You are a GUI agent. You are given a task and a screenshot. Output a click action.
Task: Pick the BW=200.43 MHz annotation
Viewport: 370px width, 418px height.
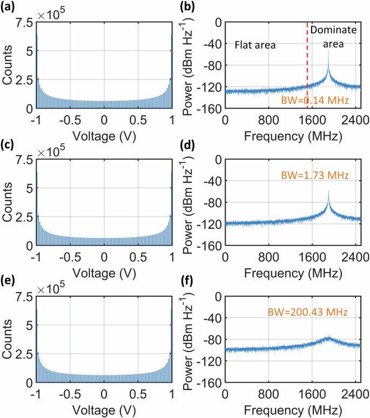click(307, 312)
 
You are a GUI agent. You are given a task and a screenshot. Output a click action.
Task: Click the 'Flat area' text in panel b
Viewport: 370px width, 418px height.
click(255, 46)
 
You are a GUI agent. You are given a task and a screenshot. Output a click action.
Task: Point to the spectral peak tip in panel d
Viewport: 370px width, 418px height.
click(328, 191)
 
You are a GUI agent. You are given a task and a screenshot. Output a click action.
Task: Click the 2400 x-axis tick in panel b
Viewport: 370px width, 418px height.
click(349, 119)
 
